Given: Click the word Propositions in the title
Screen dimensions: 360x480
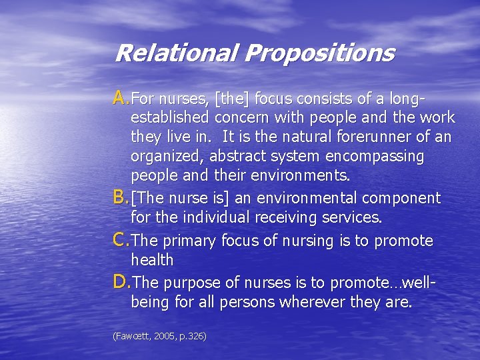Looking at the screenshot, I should click(x=319, y=53).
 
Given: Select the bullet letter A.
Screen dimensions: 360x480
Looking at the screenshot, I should click(x=121, y=99).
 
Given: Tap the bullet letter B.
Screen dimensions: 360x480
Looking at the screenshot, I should click(x=121, y=197).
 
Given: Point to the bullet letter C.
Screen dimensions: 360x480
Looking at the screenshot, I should click(x=121, y=240).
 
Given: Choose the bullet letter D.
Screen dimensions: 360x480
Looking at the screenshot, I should click(x=122, y=283).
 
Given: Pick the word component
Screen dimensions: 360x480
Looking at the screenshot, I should click(x=407, y=199).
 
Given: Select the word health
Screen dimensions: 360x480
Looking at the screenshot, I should click(x=152, y=260).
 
